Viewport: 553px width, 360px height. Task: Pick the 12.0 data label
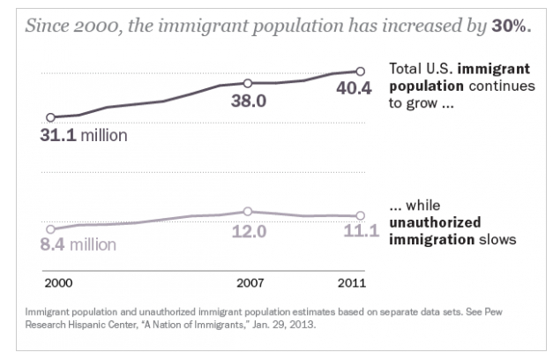(248, 231)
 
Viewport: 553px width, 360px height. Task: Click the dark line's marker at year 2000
(50, 116)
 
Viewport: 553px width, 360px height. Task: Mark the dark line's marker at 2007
(248, 82)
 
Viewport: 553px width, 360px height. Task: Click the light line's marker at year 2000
(50, 229)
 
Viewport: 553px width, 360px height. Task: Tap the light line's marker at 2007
(248, 212)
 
